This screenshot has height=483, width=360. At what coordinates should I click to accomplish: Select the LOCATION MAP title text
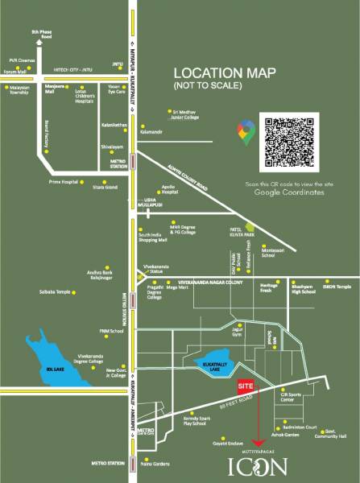pyautogui.click(x=224, y=73)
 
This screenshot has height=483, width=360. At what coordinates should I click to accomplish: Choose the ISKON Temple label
pyautogui.click(x=338, y=286)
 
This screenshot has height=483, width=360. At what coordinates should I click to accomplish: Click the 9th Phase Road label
pyautogui.click(x=41, y=34)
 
